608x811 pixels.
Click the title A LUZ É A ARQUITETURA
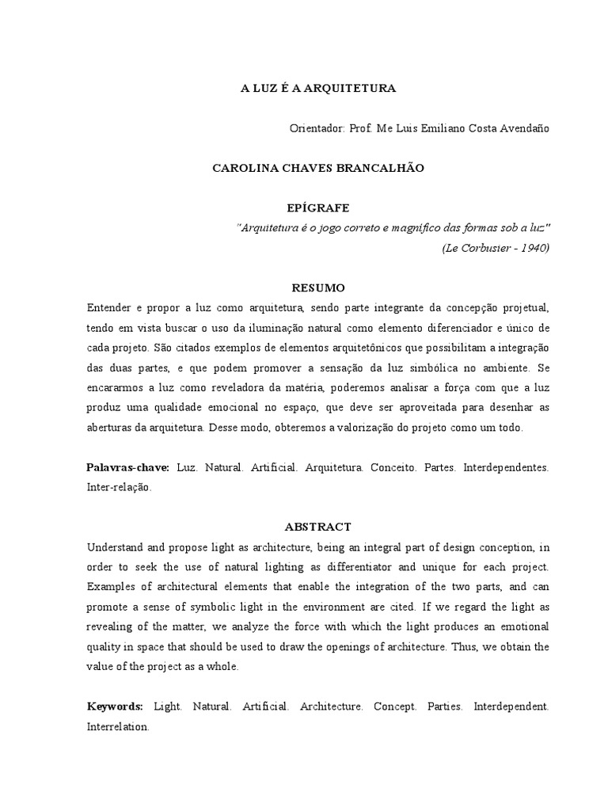pos(317,89)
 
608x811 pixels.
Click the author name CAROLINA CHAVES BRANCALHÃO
pos(317,169)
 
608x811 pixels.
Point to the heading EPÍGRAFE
pos(317,208)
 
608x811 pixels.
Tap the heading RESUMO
pos(317,287)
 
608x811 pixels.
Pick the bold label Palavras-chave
pos(127,468)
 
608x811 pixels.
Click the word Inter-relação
pos(118,488)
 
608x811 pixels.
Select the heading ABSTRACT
pos(317,527)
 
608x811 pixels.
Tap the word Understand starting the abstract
pos(116,547)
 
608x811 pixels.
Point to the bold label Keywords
pos(114,706)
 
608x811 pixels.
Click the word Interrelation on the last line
pos(117,726)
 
